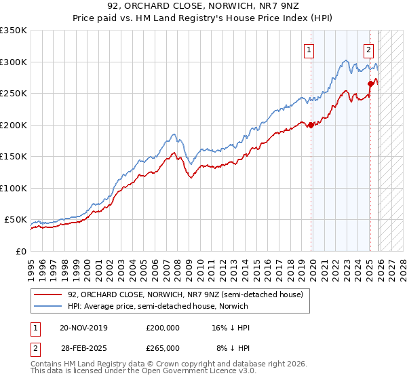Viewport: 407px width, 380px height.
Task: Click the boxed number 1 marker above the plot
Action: pyautogui.click(x=309, y=49)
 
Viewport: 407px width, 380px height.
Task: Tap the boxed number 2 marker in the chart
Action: pyautogui.click(x=368, y=49)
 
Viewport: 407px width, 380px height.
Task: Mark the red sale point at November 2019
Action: pyautogui.click(x=311, y=125)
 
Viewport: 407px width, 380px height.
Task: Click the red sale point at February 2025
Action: pyautogui.click(x=371, y=84)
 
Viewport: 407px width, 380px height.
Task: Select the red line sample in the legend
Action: pyautogui.click(x=47, y=294)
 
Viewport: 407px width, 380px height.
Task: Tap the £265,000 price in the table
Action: pyautogui.click(x=163, y=347)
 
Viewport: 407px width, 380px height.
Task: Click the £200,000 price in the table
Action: pyautogui.click(x=163, y=328)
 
